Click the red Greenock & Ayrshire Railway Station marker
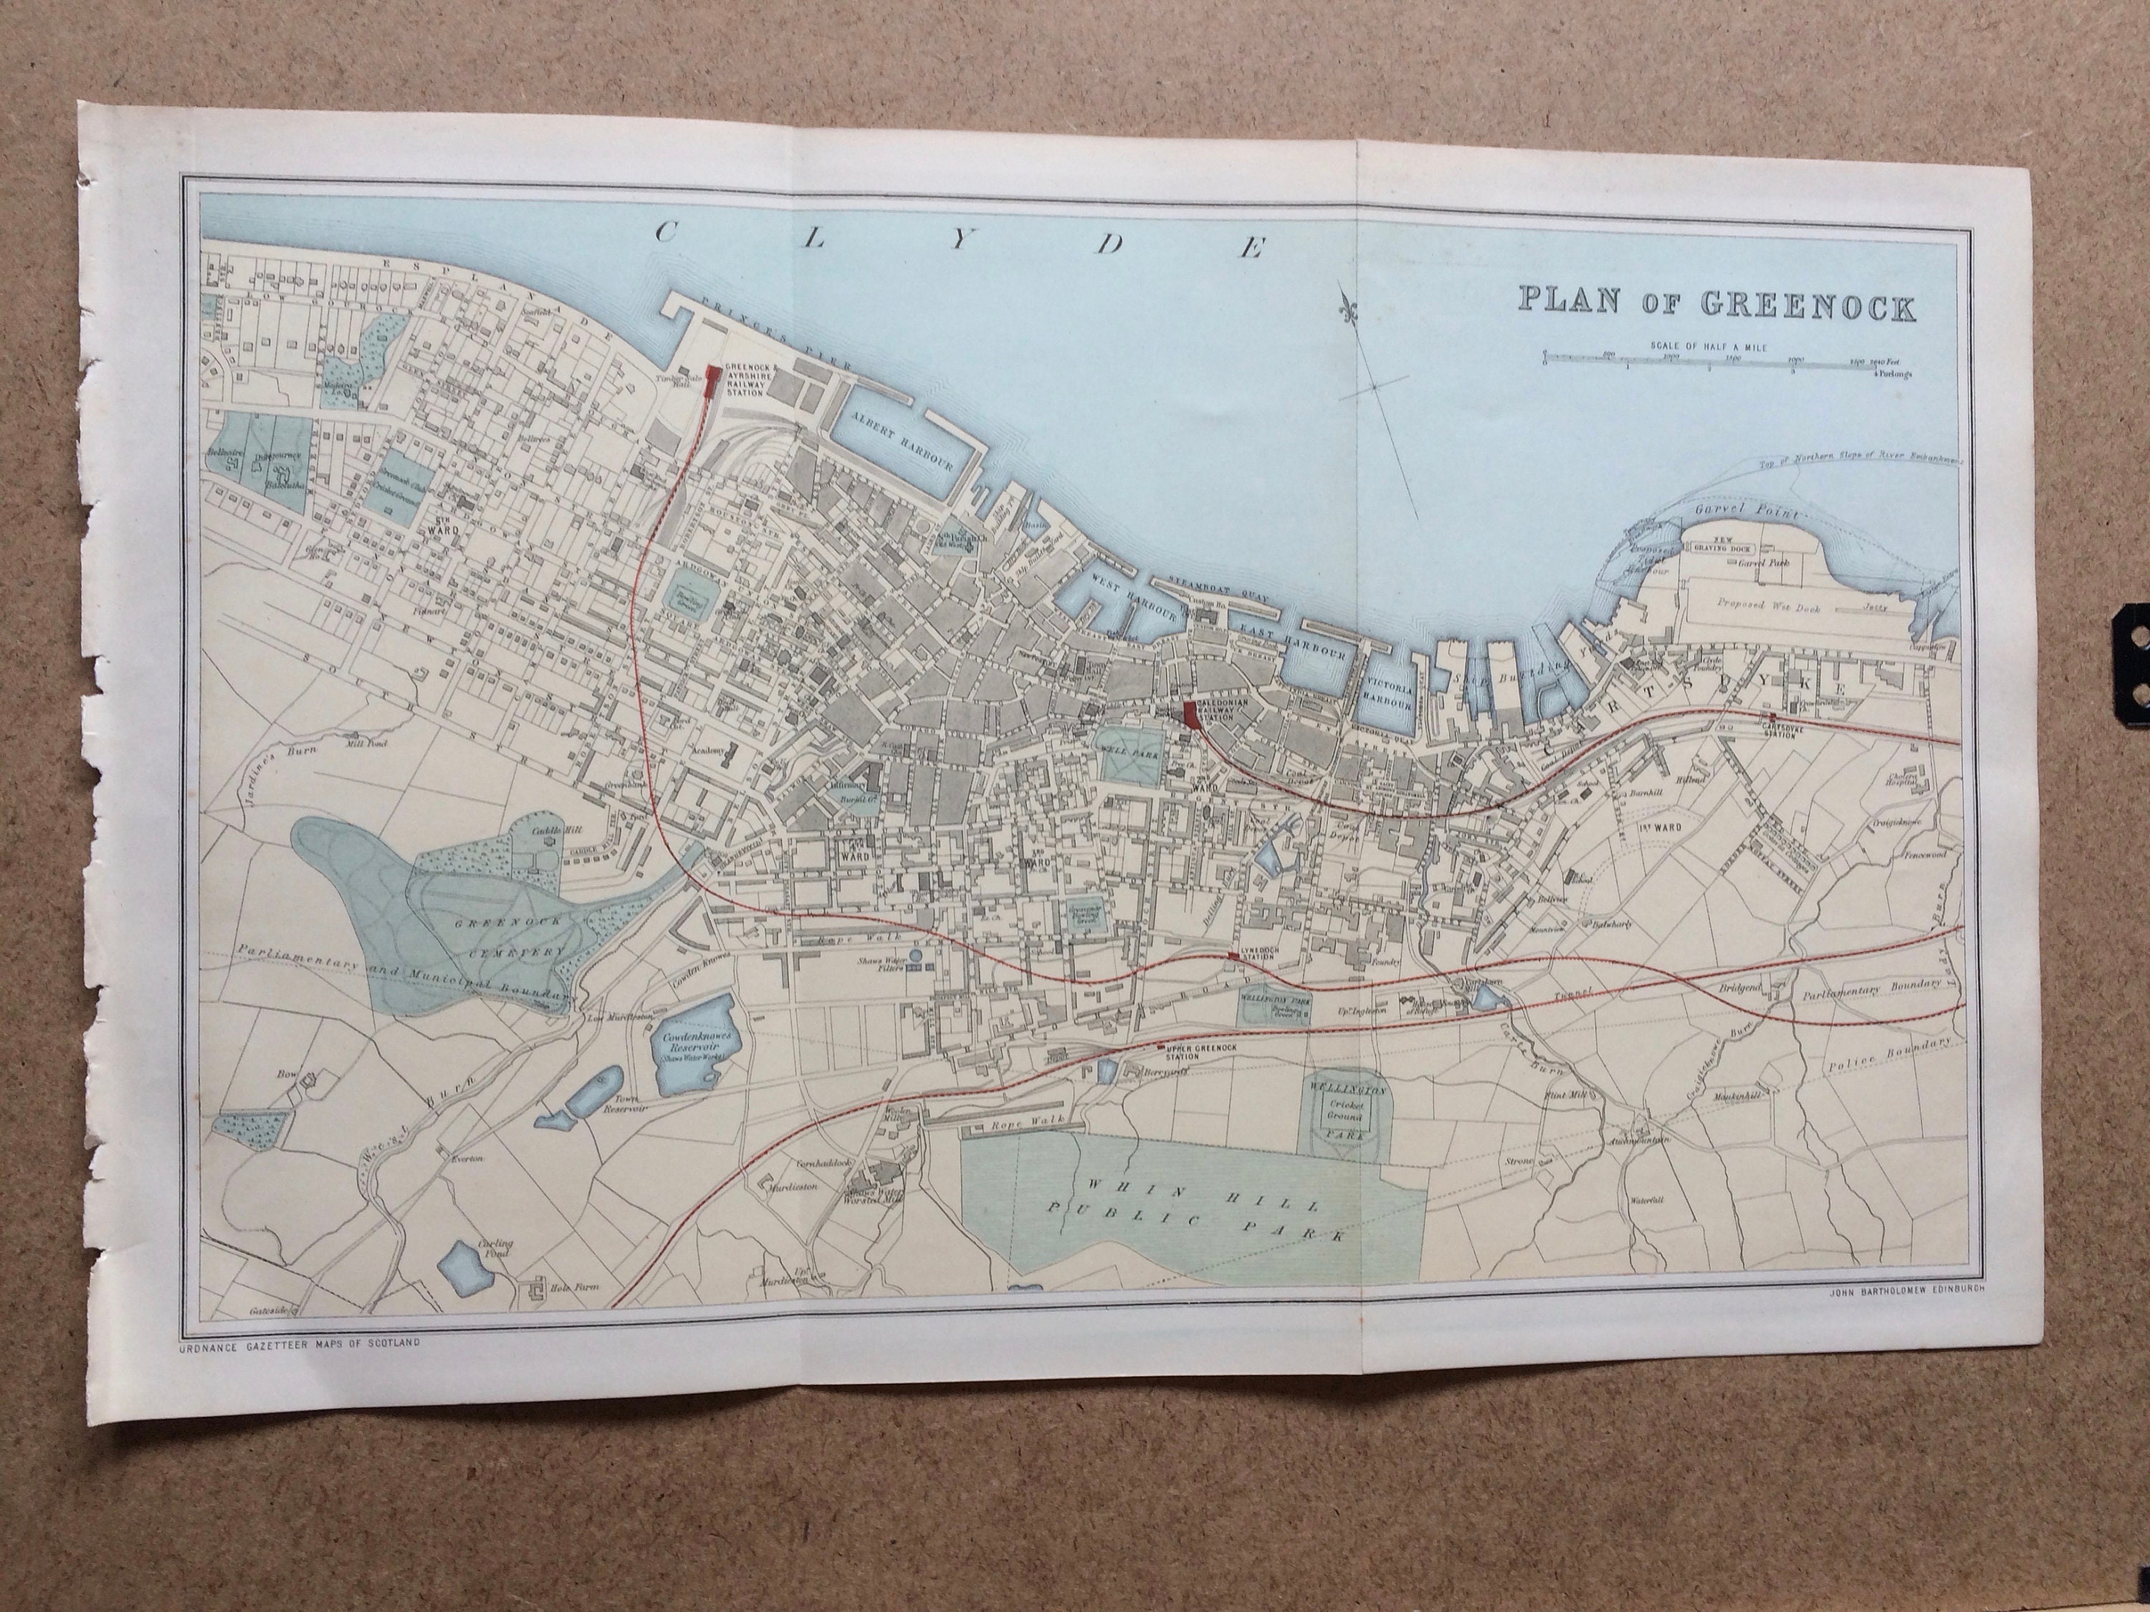[x=712, y=381]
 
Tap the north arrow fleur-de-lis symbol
[x=1348, y=301]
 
